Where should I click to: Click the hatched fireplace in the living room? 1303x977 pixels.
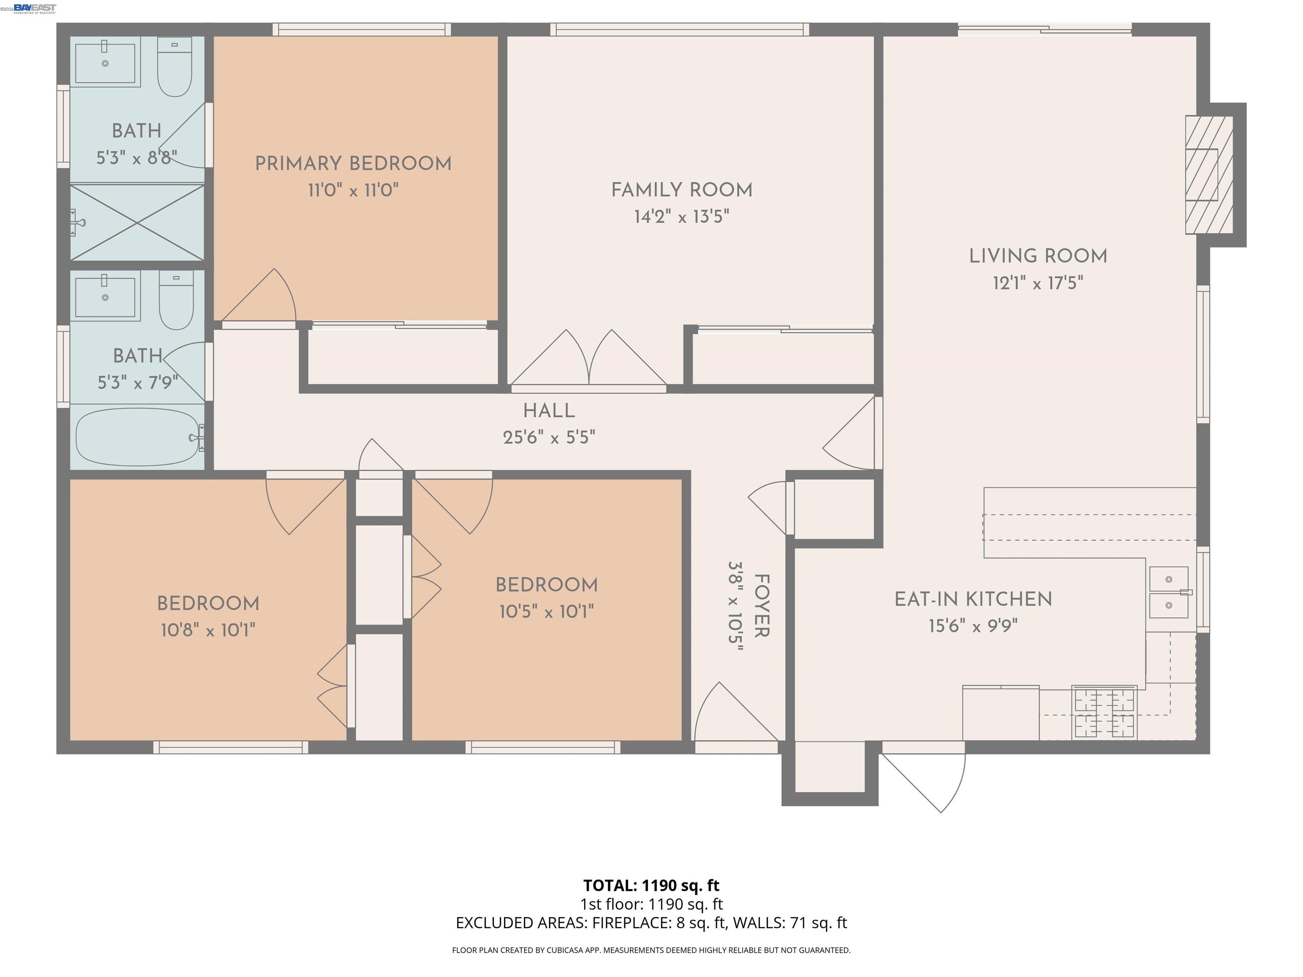pyautogui.click(x=1209, y=174)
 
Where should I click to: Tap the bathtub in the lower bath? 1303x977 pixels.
pyautogui.click(x=138, y=436)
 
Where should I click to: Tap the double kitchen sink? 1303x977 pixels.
pyautogui.click(x=1169, y=592)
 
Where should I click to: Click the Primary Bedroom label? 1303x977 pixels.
pyautogui.click(x=353, y=164)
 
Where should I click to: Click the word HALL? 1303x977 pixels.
pyautogui.click(x=548, y=410)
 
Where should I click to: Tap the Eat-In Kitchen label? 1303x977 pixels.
pyautogui.click(x=973, y=600)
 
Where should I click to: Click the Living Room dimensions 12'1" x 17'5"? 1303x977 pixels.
pyautogui.click(x=1037, y=283)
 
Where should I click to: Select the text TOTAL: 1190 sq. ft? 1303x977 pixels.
pyautogui.click(x=651, y=885)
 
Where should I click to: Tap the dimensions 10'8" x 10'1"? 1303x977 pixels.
pyautogui.click(x=207, y=631)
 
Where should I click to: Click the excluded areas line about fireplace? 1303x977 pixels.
pyautogui.click(x=651, y=922)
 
